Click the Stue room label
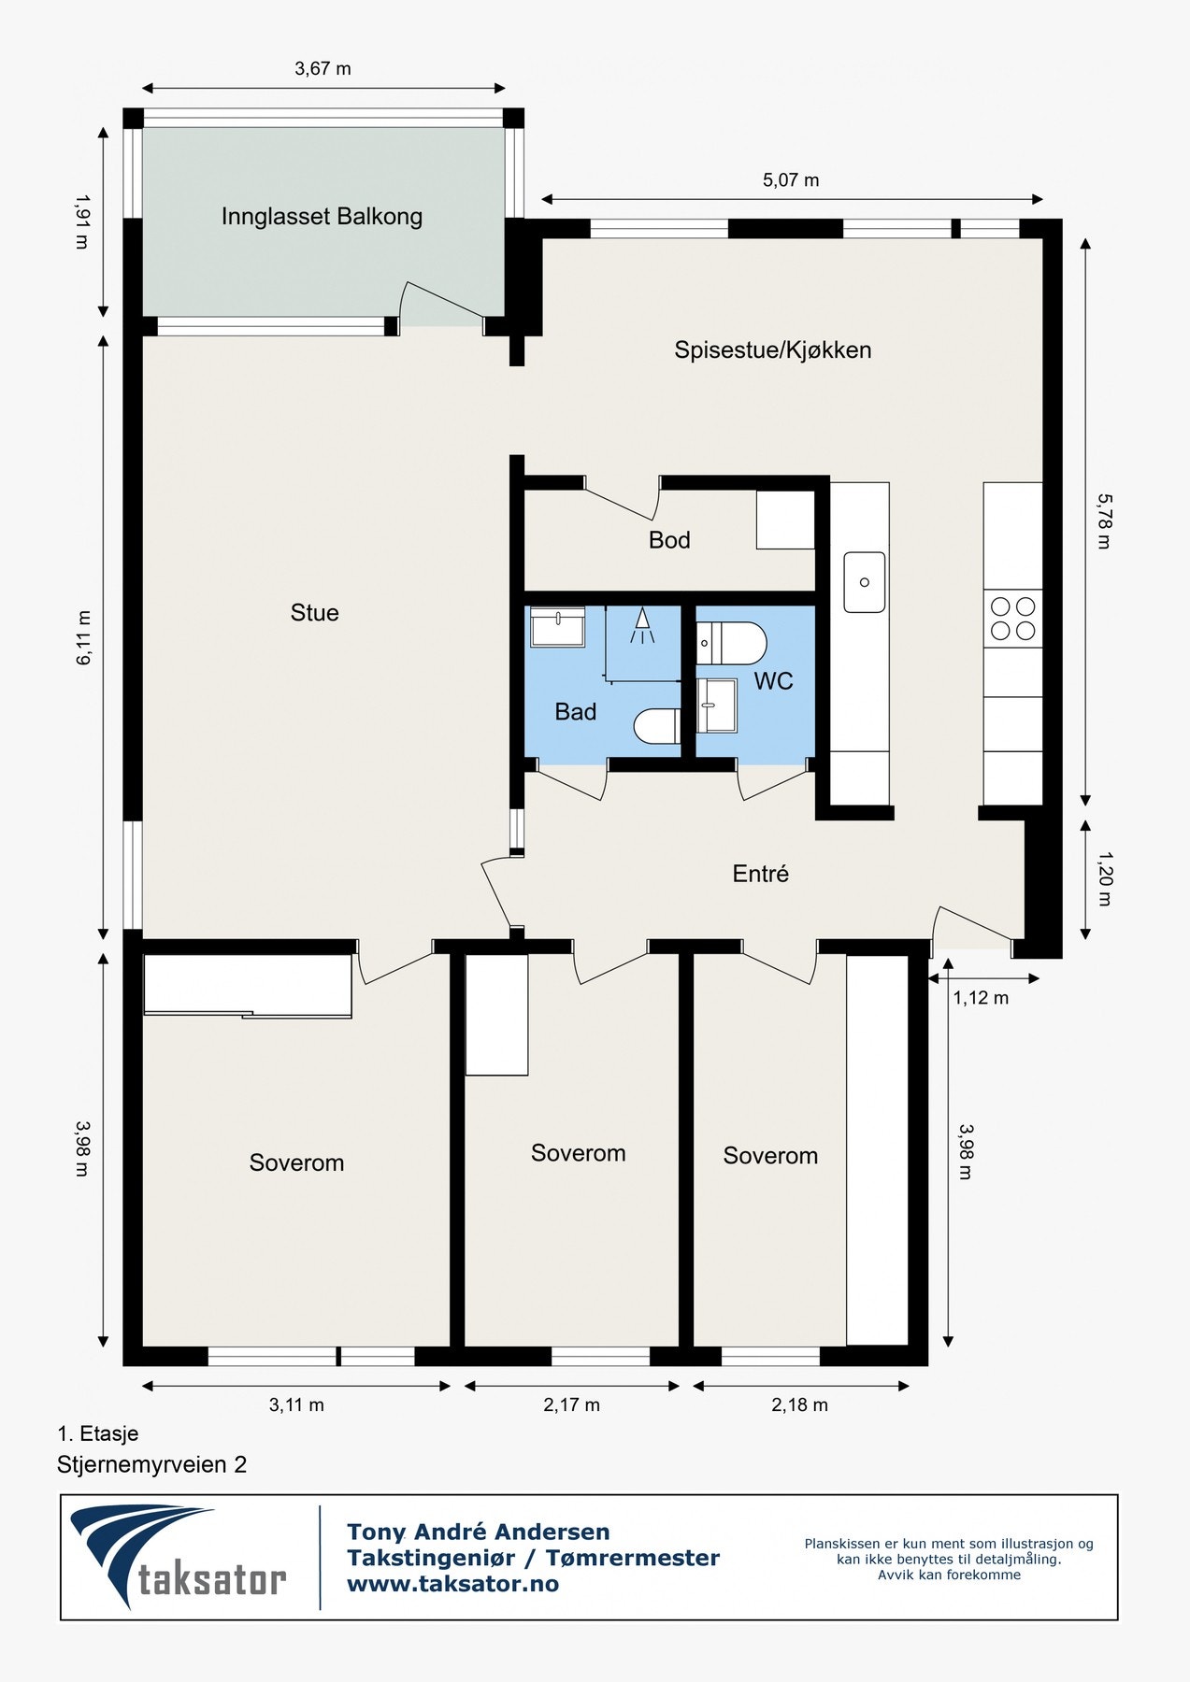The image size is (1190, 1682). (x=314, y=613)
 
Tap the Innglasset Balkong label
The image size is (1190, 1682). (x=322, y=217)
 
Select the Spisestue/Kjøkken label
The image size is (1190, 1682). (x=773, y=350)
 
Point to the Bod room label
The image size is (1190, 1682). (x=669, y=540)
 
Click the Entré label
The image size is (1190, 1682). (x=760, y=874)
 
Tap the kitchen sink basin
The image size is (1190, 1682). (x=865, y=582)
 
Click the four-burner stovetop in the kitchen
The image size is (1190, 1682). (x=1013, y=619)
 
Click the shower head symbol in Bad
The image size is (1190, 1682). (x=641, y=625)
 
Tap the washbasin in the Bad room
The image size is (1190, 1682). (x=557, y=626)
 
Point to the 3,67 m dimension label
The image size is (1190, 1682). (x=323, y=68)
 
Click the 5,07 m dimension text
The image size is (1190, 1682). (x=791, y=180)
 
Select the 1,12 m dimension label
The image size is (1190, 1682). (x=981, y=998)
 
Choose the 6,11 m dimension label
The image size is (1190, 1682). (x=84, y=637)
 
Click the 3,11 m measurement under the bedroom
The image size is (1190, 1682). (x=296, y=1404)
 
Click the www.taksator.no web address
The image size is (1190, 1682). (x=452, y=1584)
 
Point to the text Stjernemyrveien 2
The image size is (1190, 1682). (x=151, y=1464)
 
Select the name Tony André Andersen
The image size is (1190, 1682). (x=479, y=1532)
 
